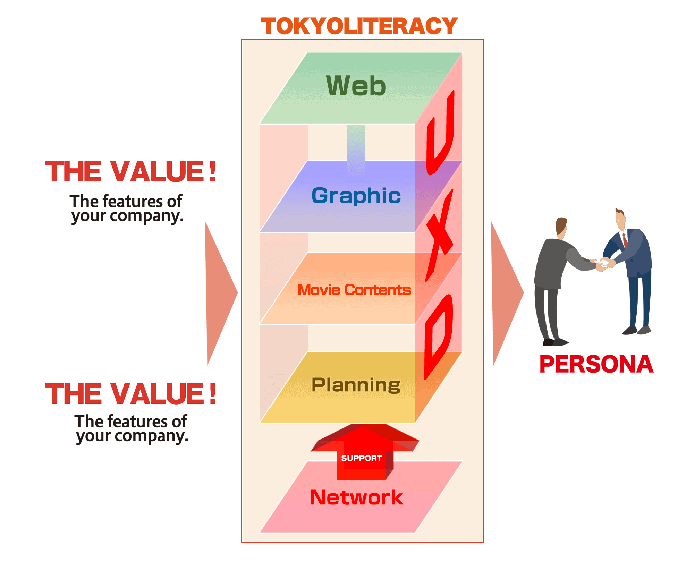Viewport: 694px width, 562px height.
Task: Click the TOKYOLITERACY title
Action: click(359, 26)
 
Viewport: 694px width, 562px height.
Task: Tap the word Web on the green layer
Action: click(356, 86)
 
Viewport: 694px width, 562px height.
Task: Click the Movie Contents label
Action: click(354, 290)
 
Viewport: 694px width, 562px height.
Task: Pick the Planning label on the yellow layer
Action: click(356, 385)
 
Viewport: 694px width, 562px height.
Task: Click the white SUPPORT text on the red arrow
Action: click(361, 458)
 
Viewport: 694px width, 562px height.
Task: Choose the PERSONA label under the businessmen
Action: click(596, 364)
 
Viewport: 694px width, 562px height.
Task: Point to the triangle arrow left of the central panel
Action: click(219, 293)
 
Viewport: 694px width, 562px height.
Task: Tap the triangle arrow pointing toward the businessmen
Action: click(505, 293)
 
